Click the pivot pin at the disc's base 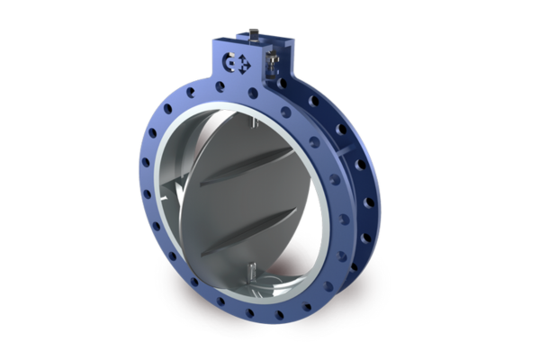coord(255,271)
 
